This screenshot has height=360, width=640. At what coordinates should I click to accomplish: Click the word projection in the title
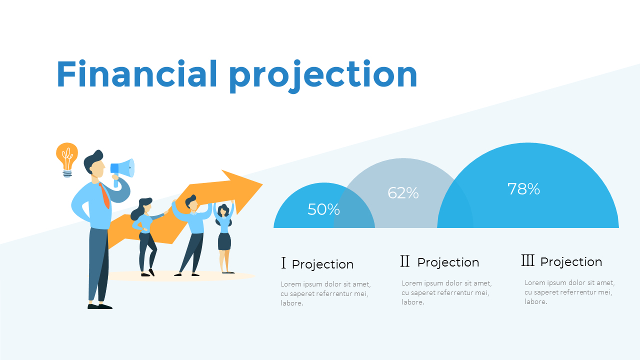tap(323, 76)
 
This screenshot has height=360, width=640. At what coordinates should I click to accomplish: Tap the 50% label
tap(323, 209)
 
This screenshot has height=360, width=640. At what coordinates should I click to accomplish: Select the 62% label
tap(403, 192)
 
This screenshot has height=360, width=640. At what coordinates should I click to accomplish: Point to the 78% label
tap(523, 189)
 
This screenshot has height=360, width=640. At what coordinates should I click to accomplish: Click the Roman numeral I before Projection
tap(283, 263)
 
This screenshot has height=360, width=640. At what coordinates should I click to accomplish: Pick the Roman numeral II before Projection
tap(405, 261)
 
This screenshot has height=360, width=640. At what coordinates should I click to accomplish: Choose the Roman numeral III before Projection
tap(527, 260)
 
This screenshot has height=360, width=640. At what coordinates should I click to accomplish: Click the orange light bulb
tap(66, 158)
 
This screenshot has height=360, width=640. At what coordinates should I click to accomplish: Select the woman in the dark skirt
tap(224, 235)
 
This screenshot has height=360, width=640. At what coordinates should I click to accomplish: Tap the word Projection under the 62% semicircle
tap(448, 262)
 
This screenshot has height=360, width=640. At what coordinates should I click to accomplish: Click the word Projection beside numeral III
tap(571, 262)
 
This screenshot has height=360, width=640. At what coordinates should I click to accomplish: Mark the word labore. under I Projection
tap(291, 303)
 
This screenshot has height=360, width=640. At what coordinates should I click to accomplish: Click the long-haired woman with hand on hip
tap(145, 235)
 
